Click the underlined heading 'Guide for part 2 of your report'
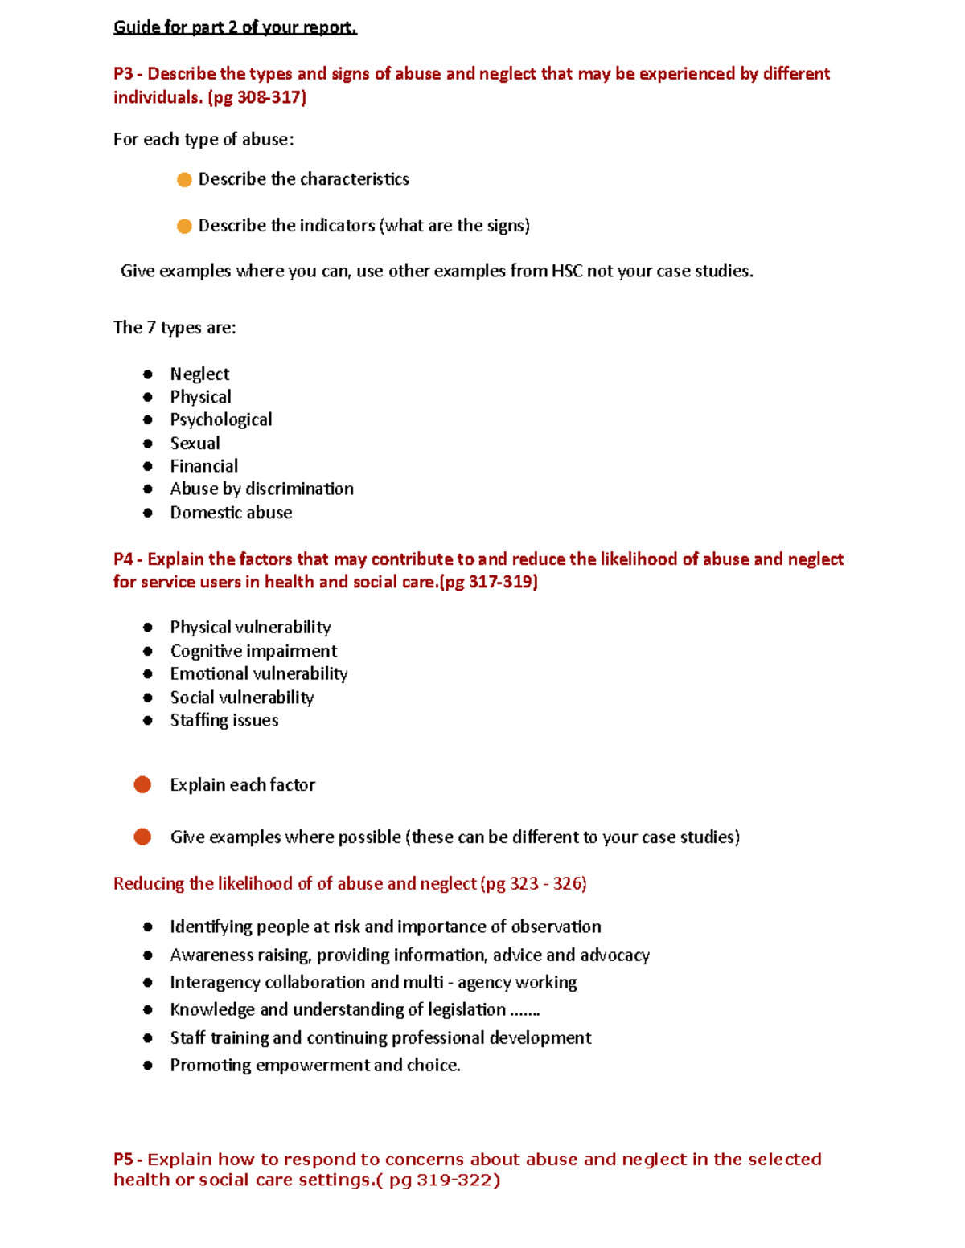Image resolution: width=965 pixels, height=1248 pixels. click(x=235, y=27)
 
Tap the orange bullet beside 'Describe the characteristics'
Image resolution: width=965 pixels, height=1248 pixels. click(x=184, y=179)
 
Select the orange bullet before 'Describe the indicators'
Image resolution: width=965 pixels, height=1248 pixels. click(x=184, y=226)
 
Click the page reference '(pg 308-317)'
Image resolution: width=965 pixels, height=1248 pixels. click(x=257, y=97)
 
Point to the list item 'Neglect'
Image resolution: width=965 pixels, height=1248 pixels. click(x=199, y=374)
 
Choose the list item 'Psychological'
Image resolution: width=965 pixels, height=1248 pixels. click(x=220, y=419)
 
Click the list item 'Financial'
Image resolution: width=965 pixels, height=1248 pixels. click(x=203, y=466)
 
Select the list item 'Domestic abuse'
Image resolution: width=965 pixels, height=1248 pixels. click(x=231, y=513)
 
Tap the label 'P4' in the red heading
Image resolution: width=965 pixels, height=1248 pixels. click(x=123, y=559)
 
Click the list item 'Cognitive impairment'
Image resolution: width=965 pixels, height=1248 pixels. click(x=253, y=651)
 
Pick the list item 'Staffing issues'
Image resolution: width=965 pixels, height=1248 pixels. click(x=224, y=720)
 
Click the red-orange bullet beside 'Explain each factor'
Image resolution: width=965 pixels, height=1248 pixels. click(x=142, y=784)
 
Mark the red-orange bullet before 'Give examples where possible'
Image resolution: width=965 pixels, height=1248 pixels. click(x=142, y=837)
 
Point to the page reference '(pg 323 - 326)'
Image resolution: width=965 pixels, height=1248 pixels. click(x=533, y=883)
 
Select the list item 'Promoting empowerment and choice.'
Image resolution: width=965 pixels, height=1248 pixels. click(x=314, y=1065)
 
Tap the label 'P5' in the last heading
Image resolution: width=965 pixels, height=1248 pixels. click(x=124, y=1159)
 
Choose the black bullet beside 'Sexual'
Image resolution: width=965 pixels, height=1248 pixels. click(x=148, y=444)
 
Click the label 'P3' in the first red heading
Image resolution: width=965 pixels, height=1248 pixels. click(x=123, y=74)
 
